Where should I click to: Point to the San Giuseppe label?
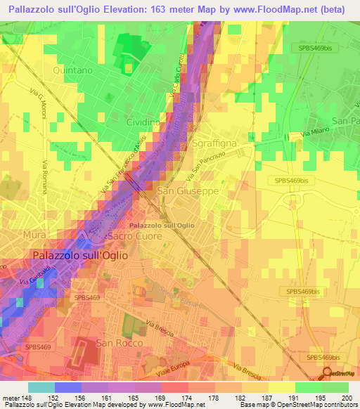click(x=188, y=190)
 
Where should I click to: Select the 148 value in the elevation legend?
click(x=27, y=398)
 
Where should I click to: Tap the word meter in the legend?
click(x=11, y=398)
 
